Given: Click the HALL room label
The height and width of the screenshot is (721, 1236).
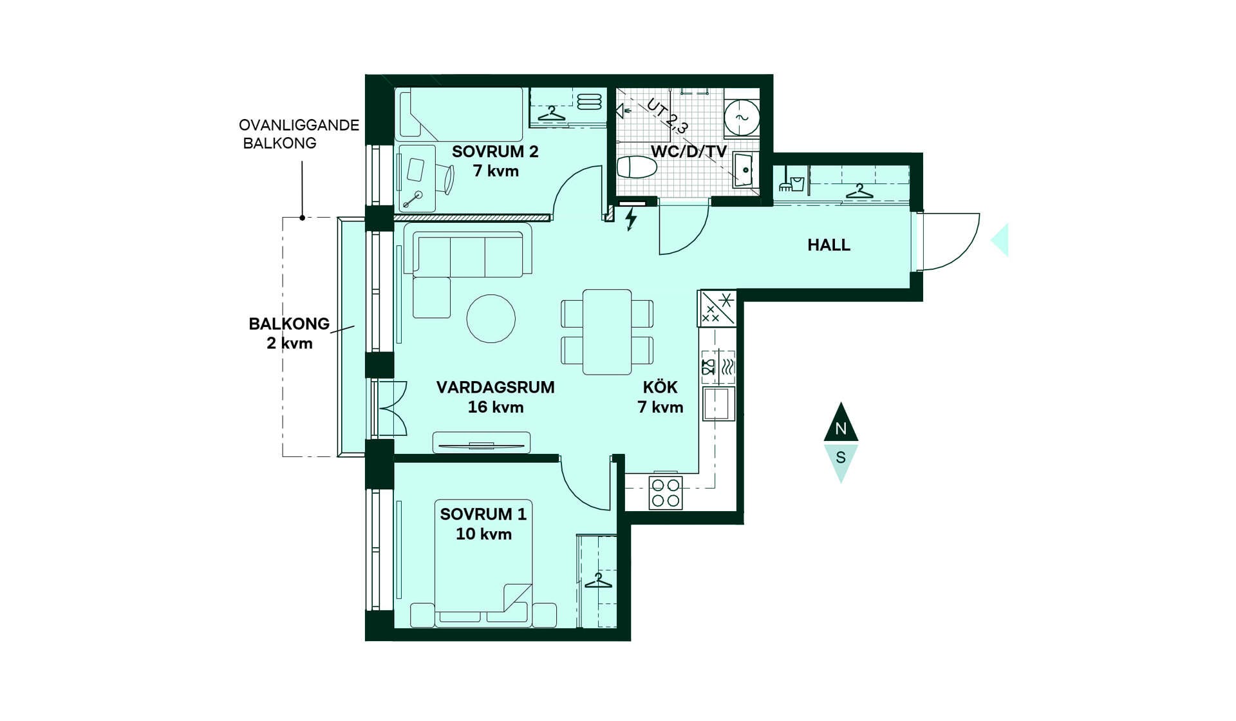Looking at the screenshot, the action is [829, 245].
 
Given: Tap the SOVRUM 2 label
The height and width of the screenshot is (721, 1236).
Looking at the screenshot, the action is [495, 152].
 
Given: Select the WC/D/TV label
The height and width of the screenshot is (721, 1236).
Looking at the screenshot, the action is [689, 152].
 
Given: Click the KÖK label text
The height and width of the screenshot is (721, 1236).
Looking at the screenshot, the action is [660, 387].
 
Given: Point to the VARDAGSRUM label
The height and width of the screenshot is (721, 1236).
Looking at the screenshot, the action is [495, 388].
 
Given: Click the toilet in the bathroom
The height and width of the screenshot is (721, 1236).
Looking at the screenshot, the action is [637, 167].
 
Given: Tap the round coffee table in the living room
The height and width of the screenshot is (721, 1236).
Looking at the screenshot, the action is [491, 319].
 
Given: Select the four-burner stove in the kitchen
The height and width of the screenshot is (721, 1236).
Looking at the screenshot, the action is [666, 493].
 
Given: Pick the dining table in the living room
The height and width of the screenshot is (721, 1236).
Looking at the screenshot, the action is [607, 332].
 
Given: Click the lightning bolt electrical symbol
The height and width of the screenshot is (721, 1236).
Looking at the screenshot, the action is [632, 219].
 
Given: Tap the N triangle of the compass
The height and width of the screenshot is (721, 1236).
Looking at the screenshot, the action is [841, 423].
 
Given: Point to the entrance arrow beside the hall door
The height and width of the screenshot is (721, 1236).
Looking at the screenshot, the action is [1001, 240].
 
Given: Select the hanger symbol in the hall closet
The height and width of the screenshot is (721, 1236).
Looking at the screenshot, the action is [859, 191].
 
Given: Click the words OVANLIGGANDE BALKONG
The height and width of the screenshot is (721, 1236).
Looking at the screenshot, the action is [299, 134].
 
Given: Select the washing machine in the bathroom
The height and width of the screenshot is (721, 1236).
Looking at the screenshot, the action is [742, 117].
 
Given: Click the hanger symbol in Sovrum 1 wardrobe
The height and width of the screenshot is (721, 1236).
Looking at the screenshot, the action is [598, 581].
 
